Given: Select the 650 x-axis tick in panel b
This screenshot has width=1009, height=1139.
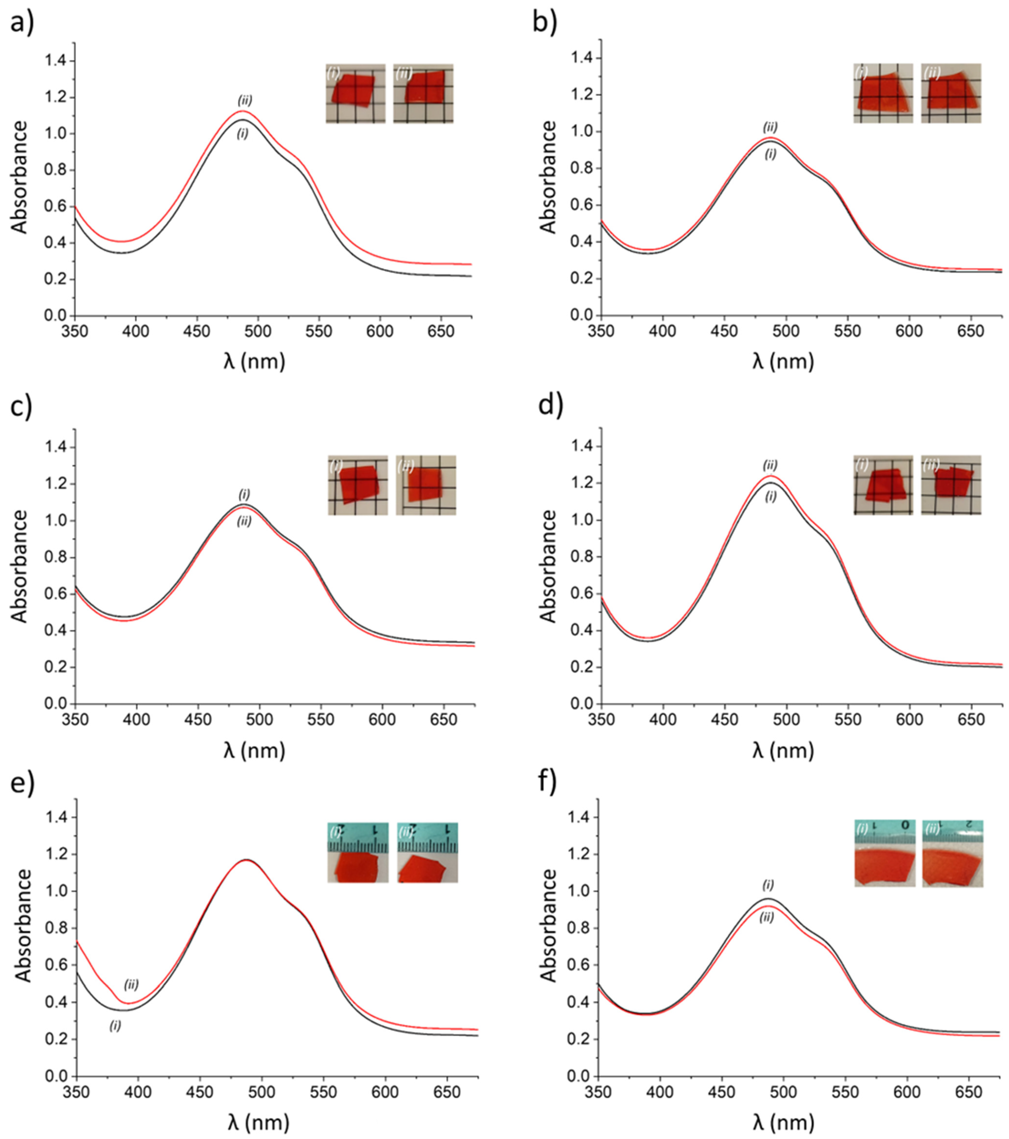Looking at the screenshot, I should click(x=971, y=331).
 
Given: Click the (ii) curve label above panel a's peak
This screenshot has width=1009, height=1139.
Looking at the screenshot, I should click(x=245, y=100).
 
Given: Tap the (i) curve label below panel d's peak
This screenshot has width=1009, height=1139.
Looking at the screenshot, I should click(x=770, y=496).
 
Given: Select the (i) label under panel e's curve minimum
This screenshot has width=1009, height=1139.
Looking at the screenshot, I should click(x=115, y=1025).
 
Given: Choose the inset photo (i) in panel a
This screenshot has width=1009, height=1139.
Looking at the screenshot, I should click(x=356, y=93).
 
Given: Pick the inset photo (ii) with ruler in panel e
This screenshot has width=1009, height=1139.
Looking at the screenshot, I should click(x=428, y=853).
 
